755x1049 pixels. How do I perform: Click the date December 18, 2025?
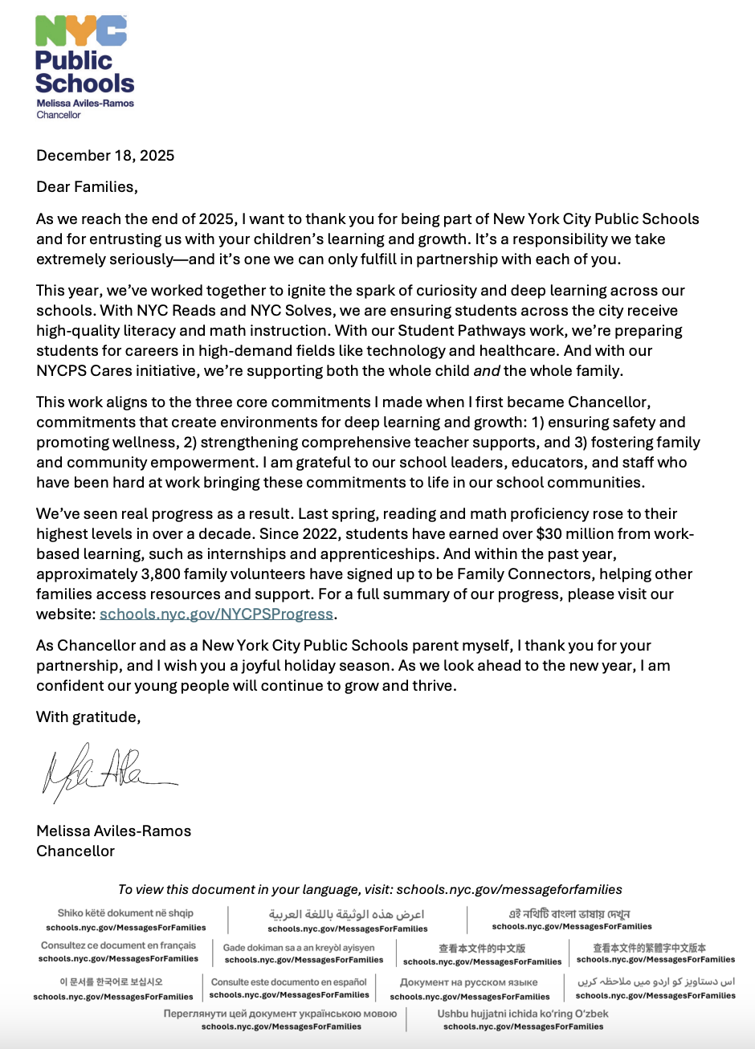pos(105,156)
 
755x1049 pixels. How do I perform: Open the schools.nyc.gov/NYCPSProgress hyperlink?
pos(216,614)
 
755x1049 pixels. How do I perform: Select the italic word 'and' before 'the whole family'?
pos(486,371)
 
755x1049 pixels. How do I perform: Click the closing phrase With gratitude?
pos(88,717)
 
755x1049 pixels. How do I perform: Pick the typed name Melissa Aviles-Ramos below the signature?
pos(113,831)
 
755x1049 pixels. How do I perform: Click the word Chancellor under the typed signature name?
pos(75,851)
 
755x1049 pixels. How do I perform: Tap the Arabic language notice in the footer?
pos(347,914)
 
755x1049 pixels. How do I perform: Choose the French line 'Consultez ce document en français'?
pos(118,945)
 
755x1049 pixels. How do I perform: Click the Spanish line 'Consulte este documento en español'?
pos(288,982)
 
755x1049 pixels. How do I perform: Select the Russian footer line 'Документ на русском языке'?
pos(469,982)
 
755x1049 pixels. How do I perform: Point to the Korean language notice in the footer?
pos(111,982)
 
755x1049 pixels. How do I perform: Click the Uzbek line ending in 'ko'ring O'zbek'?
pos(523,1014)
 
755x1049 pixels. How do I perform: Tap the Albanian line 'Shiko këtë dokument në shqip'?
pos(125,913)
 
